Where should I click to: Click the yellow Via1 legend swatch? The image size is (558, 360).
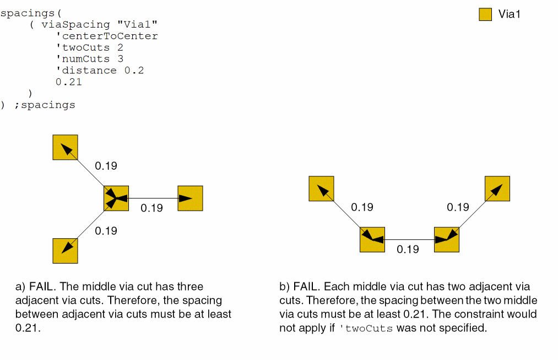[x=485, y=14]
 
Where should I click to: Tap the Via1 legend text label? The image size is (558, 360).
[x=509, y=14]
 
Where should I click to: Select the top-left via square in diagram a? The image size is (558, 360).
[x=65, y=147]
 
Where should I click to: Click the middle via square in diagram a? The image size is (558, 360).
[x=116, y=198]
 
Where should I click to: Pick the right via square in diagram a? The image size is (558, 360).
[x=190, y=198]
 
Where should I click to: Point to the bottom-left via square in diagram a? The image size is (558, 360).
[x=65, y=251]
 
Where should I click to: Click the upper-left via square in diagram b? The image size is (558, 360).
[x=321, y=189]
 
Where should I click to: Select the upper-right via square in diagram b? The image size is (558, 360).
[x=497, y=189]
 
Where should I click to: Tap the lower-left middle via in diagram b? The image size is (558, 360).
[x=372, y=239]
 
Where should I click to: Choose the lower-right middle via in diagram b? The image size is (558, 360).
[x=446, y=239]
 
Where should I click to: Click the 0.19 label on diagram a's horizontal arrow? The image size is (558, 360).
[x=151, y=208]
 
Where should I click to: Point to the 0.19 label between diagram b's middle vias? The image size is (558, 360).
[x=408, y=249]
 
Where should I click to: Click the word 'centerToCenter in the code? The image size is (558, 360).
[x=107, y=36]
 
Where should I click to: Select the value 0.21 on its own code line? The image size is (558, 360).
[x=68, y=82]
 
